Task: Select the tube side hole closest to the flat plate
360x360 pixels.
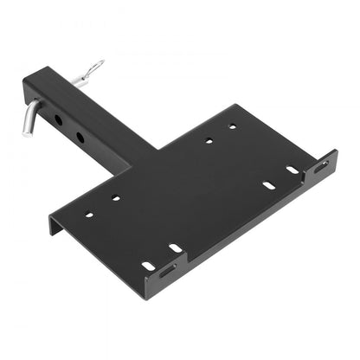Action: pyautogui.click(x=80, y=136)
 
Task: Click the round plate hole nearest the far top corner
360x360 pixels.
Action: pyautogui.click(x=232, y=127)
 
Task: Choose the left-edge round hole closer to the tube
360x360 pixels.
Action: pyautogui.click(x=115, y=198)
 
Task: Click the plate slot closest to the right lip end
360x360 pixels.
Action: pyautogui.click(x=292, y=170)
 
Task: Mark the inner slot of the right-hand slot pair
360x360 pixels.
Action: pyautogui.click(x=268, y=184)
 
